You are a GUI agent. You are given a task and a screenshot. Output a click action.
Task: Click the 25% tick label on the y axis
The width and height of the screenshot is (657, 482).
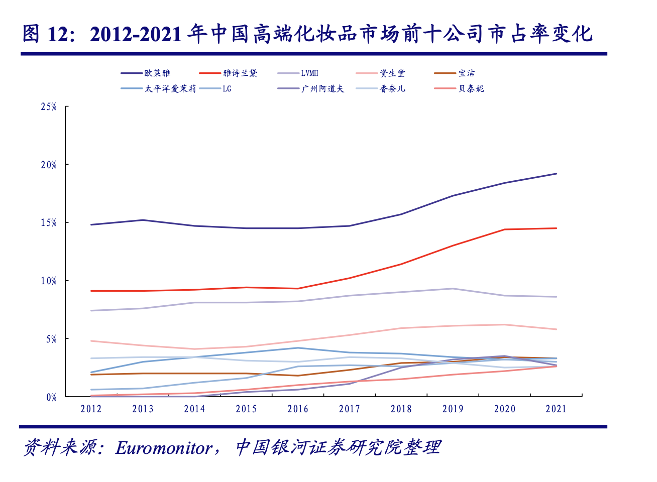click(x=49, y=107)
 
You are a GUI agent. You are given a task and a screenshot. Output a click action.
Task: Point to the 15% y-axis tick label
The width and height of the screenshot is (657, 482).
click(x=49, y=223)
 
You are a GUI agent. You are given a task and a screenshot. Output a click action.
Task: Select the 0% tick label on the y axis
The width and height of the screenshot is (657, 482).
click(x=51, y=398)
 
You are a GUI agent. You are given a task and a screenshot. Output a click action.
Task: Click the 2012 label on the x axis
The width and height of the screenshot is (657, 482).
click(x=91, y=409)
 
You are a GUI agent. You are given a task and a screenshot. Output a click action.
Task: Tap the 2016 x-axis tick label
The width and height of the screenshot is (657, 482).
click(x=298, y=409)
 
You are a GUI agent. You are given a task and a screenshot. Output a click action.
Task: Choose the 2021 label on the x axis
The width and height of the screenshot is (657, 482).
click(x=556, y=409)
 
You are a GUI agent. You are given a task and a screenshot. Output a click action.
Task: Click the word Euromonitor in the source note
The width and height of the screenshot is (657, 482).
click(x=164, y=447)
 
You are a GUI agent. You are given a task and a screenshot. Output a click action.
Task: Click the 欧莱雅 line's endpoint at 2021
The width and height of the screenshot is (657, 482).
click(x=557, y=174)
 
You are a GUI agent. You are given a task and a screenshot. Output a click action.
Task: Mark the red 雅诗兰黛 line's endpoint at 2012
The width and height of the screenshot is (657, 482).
click(x=91, y=291)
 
